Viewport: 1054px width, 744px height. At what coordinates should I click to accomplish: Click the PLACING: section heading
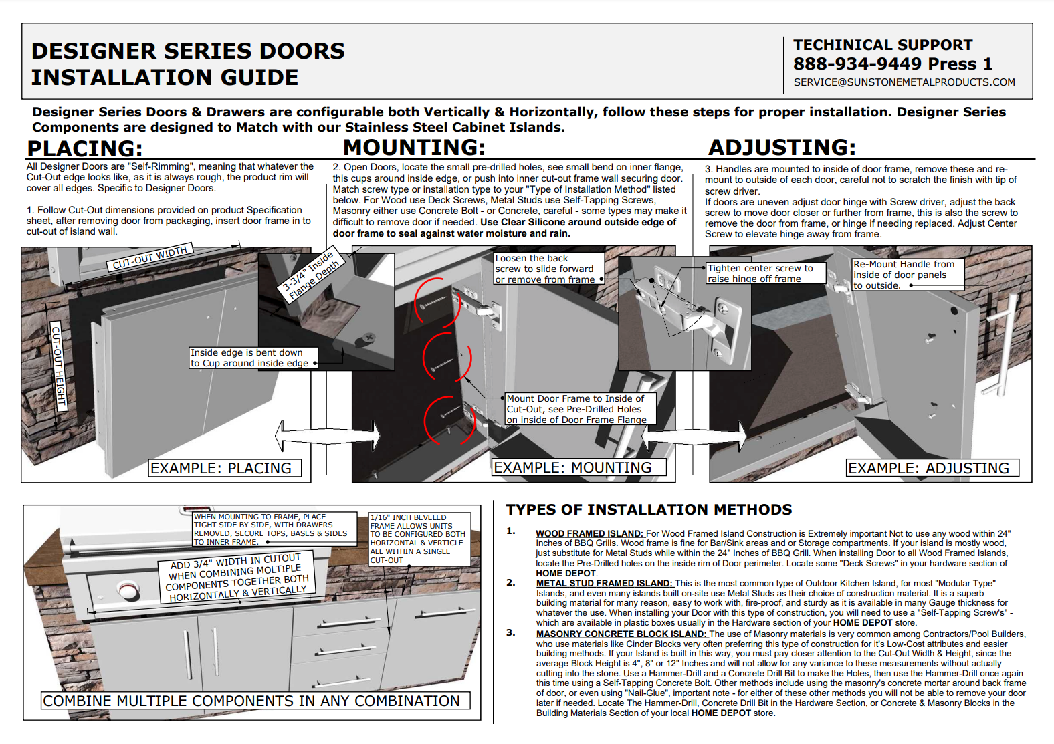point(85,148)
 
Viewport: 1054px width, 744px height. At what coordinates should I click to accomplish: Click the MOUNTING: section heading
point(414,147)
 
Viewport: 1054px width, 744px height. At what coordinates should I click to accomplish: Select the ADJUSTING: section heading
point(782,147)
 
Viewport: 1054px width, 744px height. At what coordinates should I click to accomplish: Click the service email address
point(904,82)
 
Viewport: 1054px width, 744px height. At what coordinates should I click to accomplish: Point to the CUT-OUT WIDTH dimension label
point(150,258)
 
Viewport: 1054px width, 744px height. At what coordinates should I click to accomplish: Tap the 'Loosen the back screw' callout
point(548,269)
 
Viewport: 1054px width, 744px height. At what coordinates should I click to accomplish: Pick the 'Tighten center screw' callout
point(765,273)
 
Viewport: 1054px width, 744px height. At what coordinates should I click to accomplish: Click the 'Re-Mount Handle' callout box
point(906,275)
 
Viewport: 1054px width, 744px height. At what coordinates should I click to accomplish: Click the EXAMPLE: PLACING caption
point(221,468)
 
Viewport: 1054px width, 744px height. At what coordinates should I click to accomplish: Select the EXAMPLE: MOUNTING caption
point(572,467)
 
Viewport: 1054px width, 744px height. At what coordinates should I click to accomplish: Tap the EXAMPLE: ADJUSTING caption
point(929,468)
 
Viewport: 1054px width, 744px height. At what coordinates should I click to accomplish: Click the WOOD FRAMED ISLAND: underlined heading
point(589,534)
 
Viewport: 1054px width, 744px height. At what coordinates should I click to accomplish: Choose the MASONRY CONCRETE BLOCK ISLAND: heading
point(621,634)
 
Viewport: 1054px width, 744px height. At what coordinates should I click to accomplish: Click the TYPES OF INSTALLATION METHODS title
point(649,510)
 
